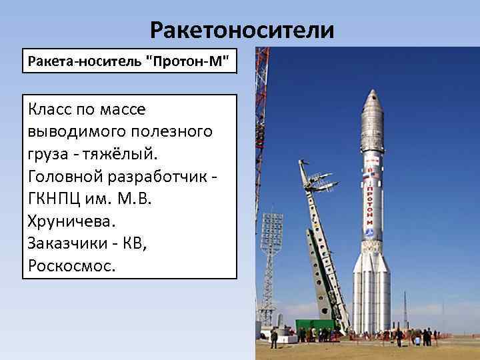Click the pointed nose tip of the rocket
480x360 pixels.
point(371,93)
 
